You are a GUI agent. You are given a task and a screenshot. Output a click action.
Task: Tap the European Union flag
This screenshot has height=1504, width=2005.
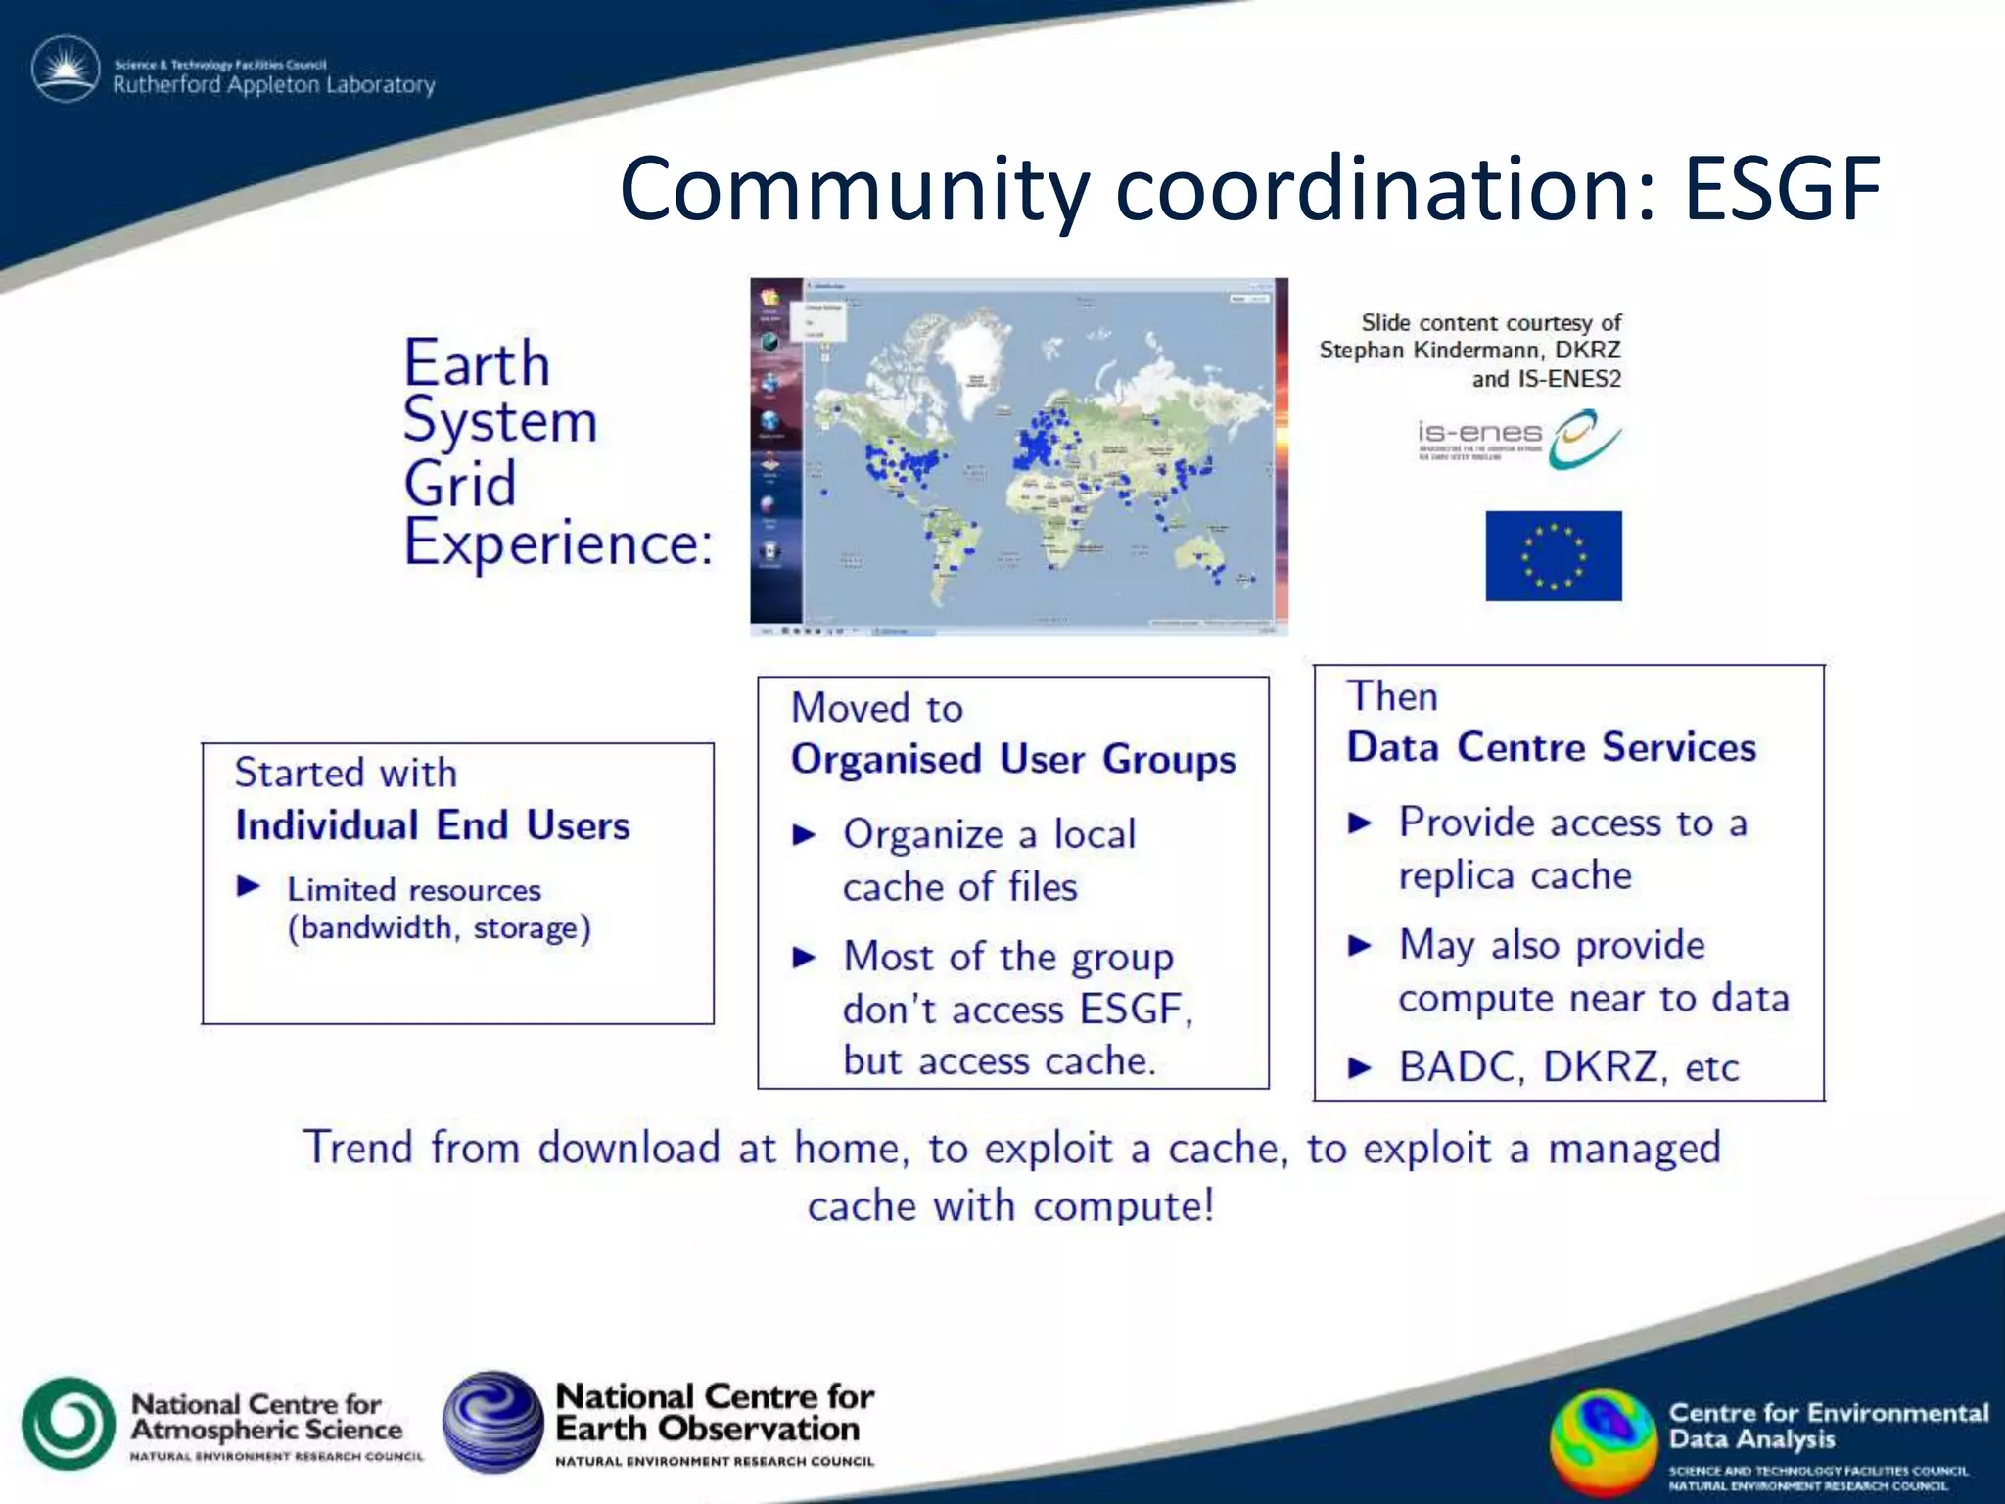click(1553, 555)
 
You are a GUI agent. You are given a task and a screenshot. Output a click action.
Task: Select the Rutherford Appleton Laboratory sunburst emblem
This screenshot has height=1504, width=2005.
click(66, 70)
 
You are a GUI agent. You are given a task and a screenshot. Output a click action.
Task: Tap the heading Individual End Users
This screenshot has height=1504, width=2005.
click(432, 825)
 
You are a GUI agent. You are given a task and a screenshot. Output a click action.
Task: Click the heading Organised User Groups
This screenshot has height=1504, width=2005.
click(1013, 760)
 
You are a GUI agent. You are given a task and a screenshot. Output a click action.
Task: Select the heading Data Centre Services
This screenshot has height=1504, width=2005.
click(1551, 748)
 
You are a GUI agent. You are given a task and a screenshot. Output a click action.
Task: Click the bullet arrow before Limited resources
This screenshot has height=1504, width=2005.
click(249, 887)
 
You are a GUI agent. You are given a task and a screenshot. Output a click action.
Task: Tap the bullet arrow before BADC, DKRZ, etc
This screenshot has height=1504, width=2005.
click(1359, 1067)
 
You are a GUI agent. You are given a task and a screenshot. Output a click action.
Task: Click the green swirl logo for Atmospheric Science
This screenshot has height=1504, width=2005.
click(68, 1424)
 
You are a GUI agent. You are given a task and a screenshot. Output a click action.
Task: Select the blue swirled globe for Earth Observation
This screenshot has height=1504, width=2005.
click(492, 1422)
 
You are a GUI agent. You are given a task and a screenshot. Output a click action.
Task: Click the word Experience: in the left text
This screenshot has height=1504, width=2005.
click(558, 542)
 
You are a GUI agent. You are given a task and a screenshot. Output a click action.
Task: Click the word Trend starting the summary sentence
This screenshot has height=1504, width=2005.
click(357, 1148)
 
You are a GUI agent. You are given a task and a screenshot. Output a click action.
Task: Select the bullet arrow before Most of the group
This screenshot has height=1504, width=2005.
click(804, 958)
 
